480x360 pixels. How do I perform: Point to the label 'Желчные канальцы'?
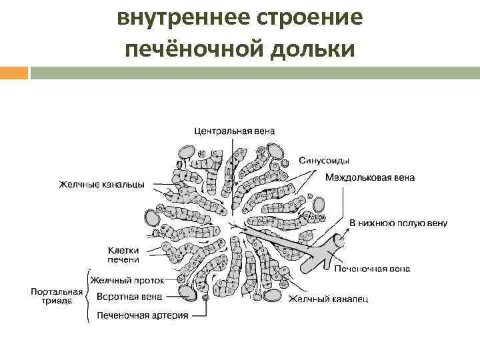click(x=101, y=185)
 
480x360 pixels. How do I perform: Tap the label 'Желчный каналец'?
click(x=327, y=299)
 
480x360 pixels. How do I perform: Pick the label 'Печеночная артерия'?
click(x=142, y=315)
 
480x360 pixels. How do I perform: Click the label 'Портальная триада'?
click(x=57, y=296)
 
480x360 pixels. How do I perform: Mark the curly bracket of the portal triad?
click(x=89, y=296)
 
